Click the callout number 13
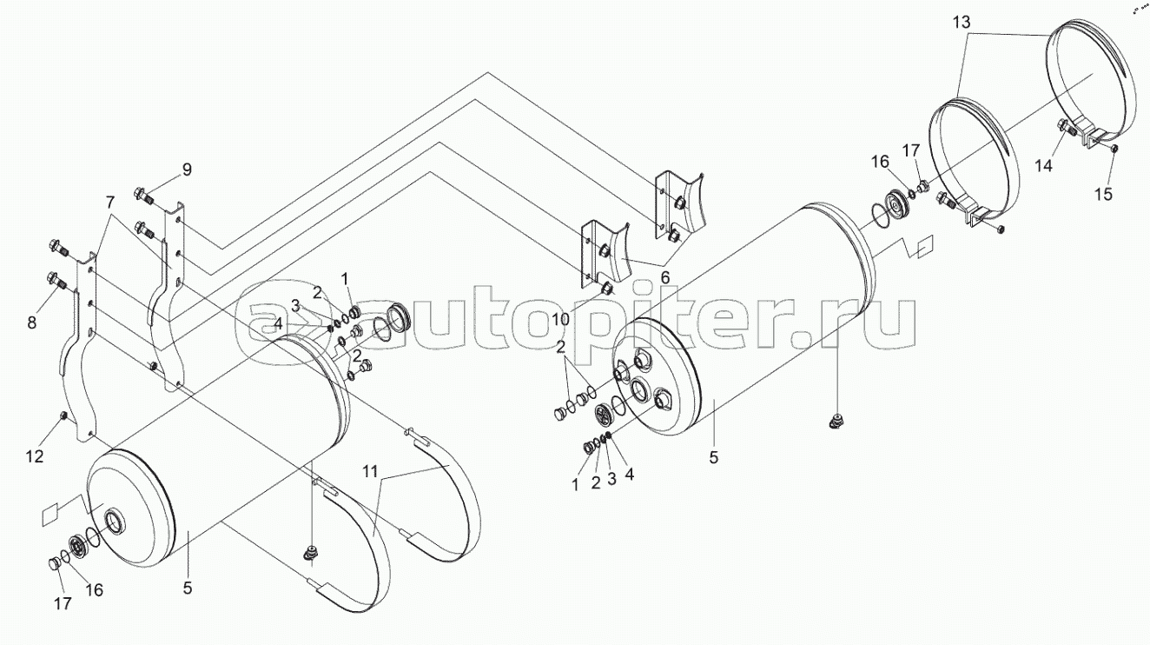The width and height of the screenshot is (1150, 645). point(962,23)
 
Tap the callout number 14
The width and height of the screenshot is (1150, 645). point(1043,166)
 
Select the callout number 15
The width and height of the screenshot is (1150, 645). point(1103,194)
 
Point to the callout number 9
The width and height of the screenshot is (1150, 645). point(187,170)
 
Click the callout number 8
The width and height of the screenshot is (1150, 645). point(32,322)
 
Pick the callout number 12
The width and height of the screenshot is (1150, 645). point(35,455)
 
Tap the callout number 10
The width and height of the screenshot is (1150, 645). point(560,320)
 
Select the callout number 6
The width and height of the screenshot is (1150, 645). point(665,278)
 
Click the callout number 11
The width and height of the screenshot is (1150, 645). point(370,471)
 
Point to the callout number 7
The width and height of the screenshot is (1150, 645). point(110,203)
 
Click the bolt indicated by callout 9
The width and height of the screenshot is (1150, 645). point(142,196)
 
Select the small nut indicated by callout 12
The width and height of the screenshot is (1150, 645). point(64,416)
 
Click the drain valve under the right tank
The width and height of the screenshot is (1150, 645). point(836,422)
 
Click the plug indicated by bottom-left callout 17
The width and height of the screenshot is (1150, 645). point(53,564)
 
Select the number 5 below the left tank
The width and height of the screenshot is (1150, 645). point(188,588)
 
